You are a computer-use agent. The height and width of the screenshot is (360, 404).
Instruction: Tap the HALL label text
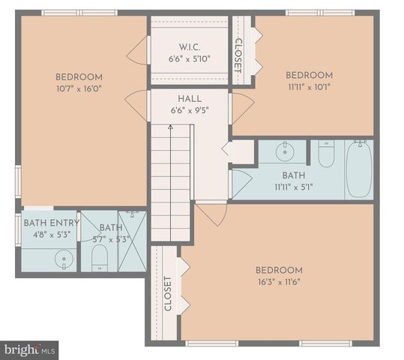pos(190,99)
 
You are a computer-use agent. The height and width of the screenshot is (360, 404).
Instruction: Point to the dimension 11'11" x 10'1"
pos(309,87)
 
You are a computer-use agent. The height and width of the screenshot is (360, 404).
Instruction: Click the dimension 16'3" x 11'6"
pos(279,283)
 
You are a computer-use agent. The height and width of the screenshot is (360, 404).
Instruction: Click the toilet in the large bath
pos(326,154)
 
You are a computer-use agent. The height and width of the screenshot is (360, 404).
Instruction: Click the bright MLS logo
pos(30,349)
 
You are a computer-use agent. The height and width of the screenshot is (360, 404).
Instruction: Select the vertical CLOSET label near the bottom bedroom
pos(167,293)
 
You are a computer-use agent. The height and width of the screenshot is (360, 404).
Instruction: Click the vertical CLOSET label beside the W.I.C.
pos(239,53)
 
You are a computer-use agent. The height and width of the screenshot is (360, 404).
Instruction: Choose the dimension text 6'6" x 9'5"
pos(190,111)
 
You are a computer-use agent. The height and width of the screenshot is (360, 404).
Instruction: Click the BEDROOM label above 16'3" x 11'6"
pos(279,270)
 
